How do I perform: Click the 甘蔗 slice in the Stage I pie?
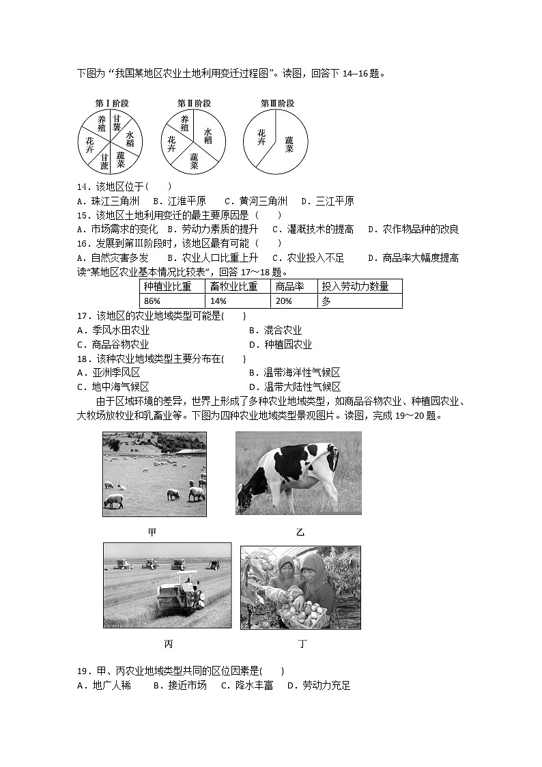point(104,161)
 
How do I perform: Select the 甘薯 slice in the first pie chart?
point(117,123)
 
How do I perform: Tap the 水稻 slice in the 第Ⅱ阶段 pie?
point(207,135)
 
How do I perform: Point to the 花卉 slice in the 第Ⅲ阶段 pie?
point(261,137)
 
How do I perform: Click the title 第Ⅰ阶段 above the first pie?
point(112,103)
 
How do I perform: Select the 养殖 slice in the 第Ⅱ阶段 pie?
point(184,123)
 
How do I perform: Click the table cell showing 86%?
point(172,301)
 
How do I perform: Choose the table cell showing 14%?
point(238,301)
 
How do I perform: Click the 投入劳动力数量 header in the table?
point(359,287)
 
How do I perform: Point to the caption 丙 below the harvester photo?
point(168,643)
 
